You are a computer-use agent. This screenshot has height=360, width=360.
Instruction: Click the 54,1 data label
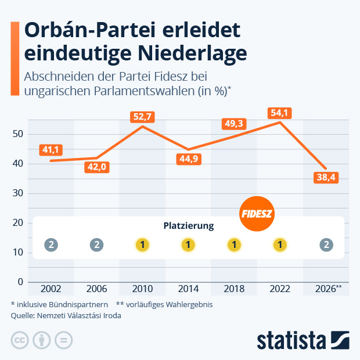click(x=280, y=112)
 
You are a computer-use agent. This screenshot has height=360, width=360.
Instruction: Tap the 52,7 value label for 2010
click(x=142, y=117)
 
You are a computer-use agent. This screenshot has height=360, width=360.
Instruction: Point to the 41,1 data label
click(x=51, y=150)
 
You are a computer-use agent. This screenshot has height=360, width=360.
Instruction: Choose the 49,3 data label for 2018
click(x=234, y=123)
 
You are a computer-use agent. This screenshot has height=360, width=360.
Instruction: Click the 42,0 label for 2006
click(x=96, y=167)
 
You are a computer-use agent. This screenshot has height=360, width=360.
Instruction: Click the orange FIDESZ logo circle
click(x=257, y=214)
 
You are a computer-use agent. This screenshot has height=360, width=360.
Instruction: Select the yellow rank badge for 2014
click(x=188, y=245)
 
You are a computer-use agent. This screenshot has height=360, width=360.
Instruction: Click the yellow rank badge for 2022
click(x=280, y=245)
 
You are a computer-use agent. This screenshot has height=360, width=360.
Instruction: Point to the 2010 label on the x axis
click(x=142, y=289)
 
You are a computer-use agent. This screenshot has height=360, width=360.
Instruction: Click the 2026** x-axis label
click(x=327, y=289)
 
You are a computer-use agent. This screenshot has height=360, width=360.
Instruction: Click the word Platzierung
click(x=188, y=225)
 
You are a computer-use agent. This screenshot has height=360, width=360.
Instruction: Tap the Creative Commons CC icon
click(x=20, y=340)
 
